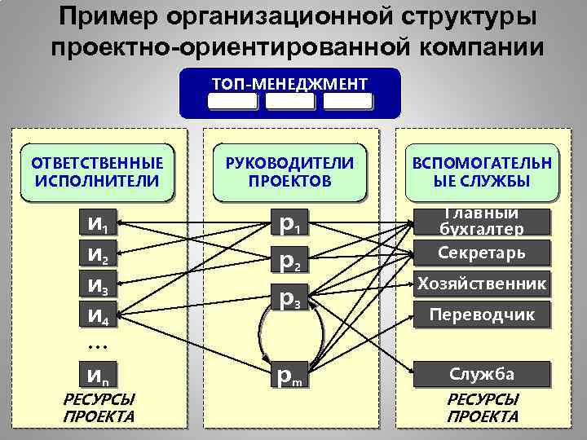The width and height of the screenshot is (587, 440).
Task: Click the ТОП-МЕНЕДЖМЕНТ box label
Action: click(289, 84)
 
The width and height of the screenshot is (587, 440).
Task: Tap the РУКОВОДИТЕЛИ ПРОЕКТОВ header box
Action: click(289, 172)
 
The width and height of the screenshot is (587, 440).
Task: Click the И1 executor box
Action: click(96, 222)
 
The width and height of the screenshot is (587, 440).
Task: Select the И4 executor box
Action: click(96, 313)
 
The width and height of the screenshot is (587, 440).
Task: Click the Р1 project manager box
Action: click(290, 223)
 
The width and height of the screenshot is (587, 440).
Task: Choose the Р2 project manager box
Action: click(290, 262)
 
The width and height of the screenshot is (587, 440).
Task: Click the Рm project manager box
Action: click(290, 376)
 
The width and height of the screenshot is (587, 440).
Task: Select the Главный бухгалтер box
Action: click(481, 222)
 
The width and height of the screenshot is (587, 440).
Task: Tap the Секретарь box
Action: click(481, 253)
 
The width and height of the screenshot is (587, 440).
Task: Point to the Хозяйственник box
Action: click(481, 284)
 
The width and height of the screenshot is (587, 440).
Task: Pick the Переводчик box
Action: click(481, 314)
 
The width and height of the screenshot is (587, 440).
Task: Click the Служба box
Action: click(481, 375)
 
